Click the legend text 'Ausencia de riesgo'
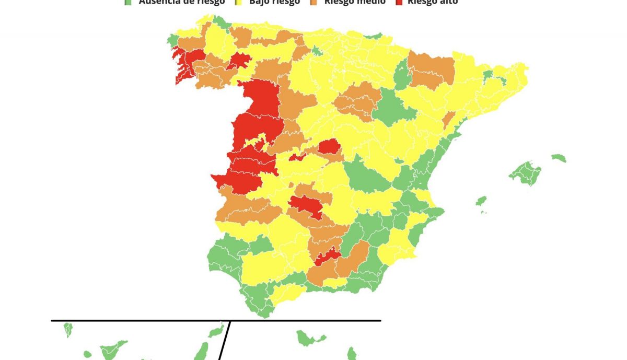[181, 2]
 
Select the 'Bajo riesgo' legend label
[274, 2]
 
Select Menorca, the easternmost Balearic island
[559, 158]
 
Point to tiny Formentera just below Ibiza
[483, 212]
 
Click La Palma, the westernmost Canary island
[68, 329]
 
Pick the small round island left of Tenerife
[87, 354]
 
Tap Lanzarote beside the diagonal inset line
[216, 331]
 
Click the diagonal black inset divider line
[225, 340]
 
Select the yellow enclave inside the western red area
[258, 142]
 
